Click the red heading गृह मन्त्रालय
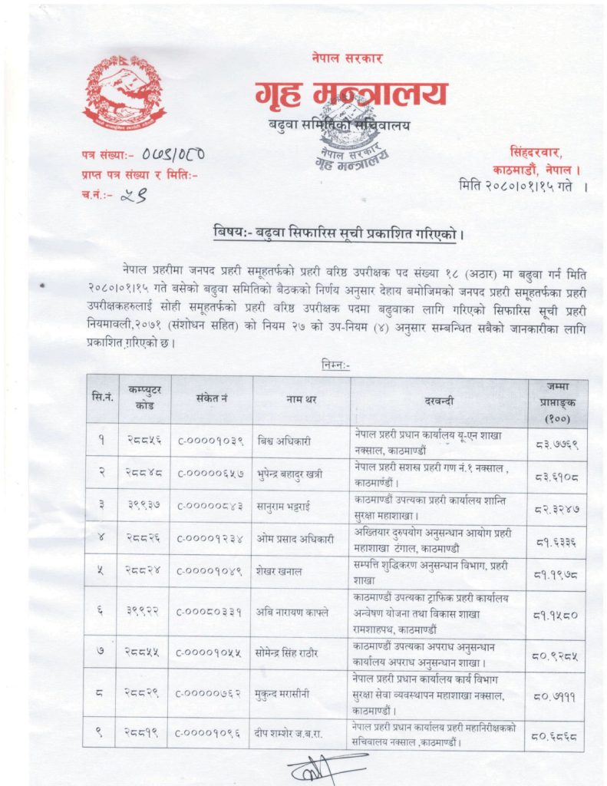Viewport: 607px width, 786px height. click(x=351, y=95)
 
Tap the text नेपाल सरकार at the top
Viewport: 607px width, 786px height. click(x=347, y=58)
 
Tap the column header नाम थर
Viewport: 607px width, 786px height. click(x=300, y=399)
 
